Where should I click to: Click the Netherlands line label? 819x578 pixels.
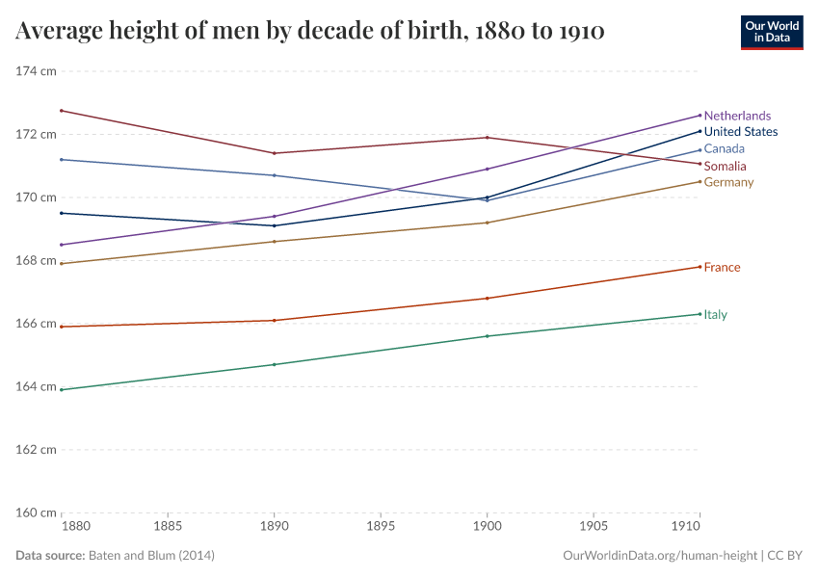(x=737, y=116)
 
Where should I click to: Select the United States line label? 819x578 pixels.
(x=740, y=132)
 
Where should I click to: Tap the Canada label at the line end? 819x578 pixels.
(x=724, y=149)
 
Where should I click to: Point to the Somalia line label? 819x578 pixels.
(x=725, y=167)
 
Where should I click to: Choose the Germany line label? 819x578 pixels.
(x=728, y=182)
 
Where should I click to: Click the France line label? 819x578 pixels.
(x=722, y=267)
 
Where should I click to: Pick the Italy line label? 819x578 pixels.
(x=715, y=314)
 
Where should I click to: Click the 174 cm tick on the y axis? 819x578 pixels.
(x=36, y=71)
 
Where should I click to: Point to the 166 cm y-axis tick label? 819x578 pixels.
(x=36, y=324)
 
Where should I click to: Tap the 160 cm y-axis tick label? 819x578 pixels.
(x=36, y=512)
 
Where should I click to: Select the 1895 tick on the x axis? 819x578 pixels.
(x=381, y=528)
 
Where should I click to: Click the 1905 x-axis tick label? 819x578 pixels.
(x=593, y=528)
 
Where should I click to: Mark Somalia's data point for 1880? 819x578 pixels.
(x=62, y=111)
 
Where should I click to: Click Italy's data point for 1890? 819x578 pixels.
(x=275, y=364)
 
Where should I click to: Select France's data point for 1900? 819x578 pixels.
(x=487, y=299)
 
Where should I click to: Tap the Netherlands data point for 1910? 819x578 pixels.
(x=700, y=116)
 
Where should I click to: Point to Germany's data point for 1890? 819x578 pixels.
(x=275, y=241)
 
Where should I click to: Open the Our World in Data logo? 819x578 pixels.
(x=771, y=32)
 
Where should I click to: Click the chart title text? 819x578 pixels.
(x=310, y=31)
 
